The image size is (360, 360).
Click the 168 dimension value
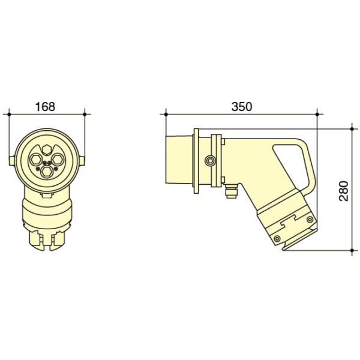[x=45, y=107]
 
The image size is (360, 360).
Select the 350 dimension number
[x=242, y=107]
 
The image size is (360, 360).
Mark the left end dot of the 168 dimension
[x=9, y=112]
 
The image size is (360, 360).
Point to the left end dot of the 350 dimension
[x=166, y=112]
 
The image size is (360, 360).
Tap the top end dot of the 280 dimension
[x=352, y=127]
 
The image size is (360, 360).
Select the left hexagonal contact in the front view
[x=37, y=159]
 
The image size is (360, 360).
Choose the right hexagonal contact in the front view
[x=59, y=159]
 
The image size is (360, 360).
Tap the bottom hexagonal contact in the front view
[x=48, y=171]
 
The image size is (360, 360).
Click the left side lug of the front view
[x=10, y=160]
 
